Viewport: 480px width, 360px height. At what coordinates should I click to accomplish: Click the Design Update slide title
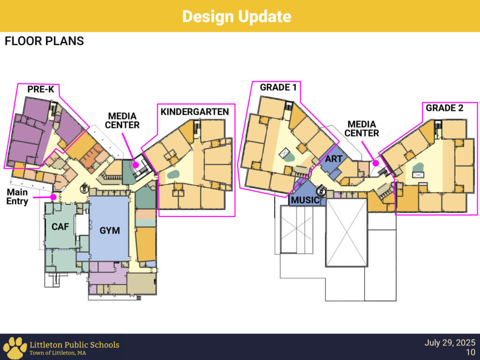pyautogui.click(x=237, y=16)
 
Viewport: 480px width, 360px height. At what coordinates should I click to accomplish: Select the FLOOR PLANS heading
pyautogui.click(x=44, y=41)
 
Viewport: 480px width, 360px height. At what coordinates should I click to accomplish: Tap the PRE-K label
pyautogui.click(x=41, y=90)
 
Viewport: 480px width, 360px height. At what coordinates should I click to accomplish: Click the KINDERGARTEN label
pyautogui.click(x=195, y=112)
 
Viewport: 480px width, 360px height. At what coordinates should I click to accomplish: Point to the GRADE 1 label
pyautogui.click(x=278, y=88)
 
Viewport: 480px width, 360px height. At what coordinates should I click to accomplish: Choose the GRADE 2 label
pyautogui.click(x=444, y=108)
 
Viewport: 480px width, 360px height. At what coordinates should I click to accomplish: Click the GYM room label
pyautogui.click(x=110, y=231)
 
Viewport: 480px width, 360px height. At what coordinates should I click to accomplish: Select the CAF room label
pyautogui.click(x=60, y=227)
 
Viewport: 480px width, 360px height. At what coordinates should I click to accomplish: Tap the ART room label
pyautogui.click(x=334, y=159)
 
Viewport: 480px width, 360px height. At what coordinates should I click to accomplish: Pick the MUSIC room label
pyautogui.click(x=305, y=201)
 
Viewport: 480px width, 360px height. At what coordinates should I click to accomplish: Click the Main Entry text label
pyautogui.click(x=17, y=197)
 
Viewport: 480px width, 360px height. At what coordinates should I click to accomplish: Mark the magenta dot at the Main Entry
pyautogui.click(x=54, y=197)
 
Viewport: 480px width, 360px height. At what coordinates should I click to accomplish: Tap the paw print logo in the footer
pyautogui.click(x=14, y=347)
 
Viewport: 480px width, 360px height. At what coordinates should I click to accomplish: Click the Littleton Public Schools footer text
pyautogui.click(x=74, y=345)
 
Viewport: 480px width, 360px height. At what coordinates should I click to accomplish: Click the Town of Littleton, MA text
pyautogui.click(x=58, y=353)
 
